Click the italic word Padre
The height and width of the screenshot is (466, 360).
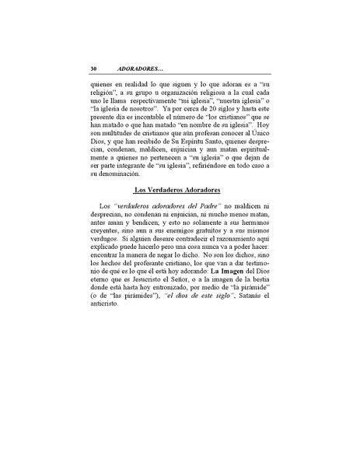click(x=200, y=212)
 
